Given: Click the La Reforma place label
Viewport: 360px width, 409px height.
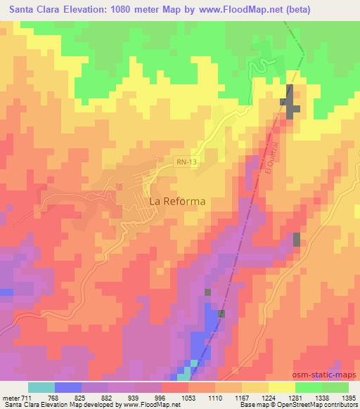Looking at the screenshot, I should point(178,201).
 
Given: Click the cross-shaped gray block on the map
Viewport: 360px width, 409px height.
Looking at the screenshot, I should point(291,103).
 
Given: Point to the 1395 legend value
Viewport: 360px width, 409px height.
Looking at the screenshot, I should point(348,397).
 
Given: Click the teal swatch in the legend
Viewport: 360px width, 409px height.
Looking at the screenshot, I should point(41,387).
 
